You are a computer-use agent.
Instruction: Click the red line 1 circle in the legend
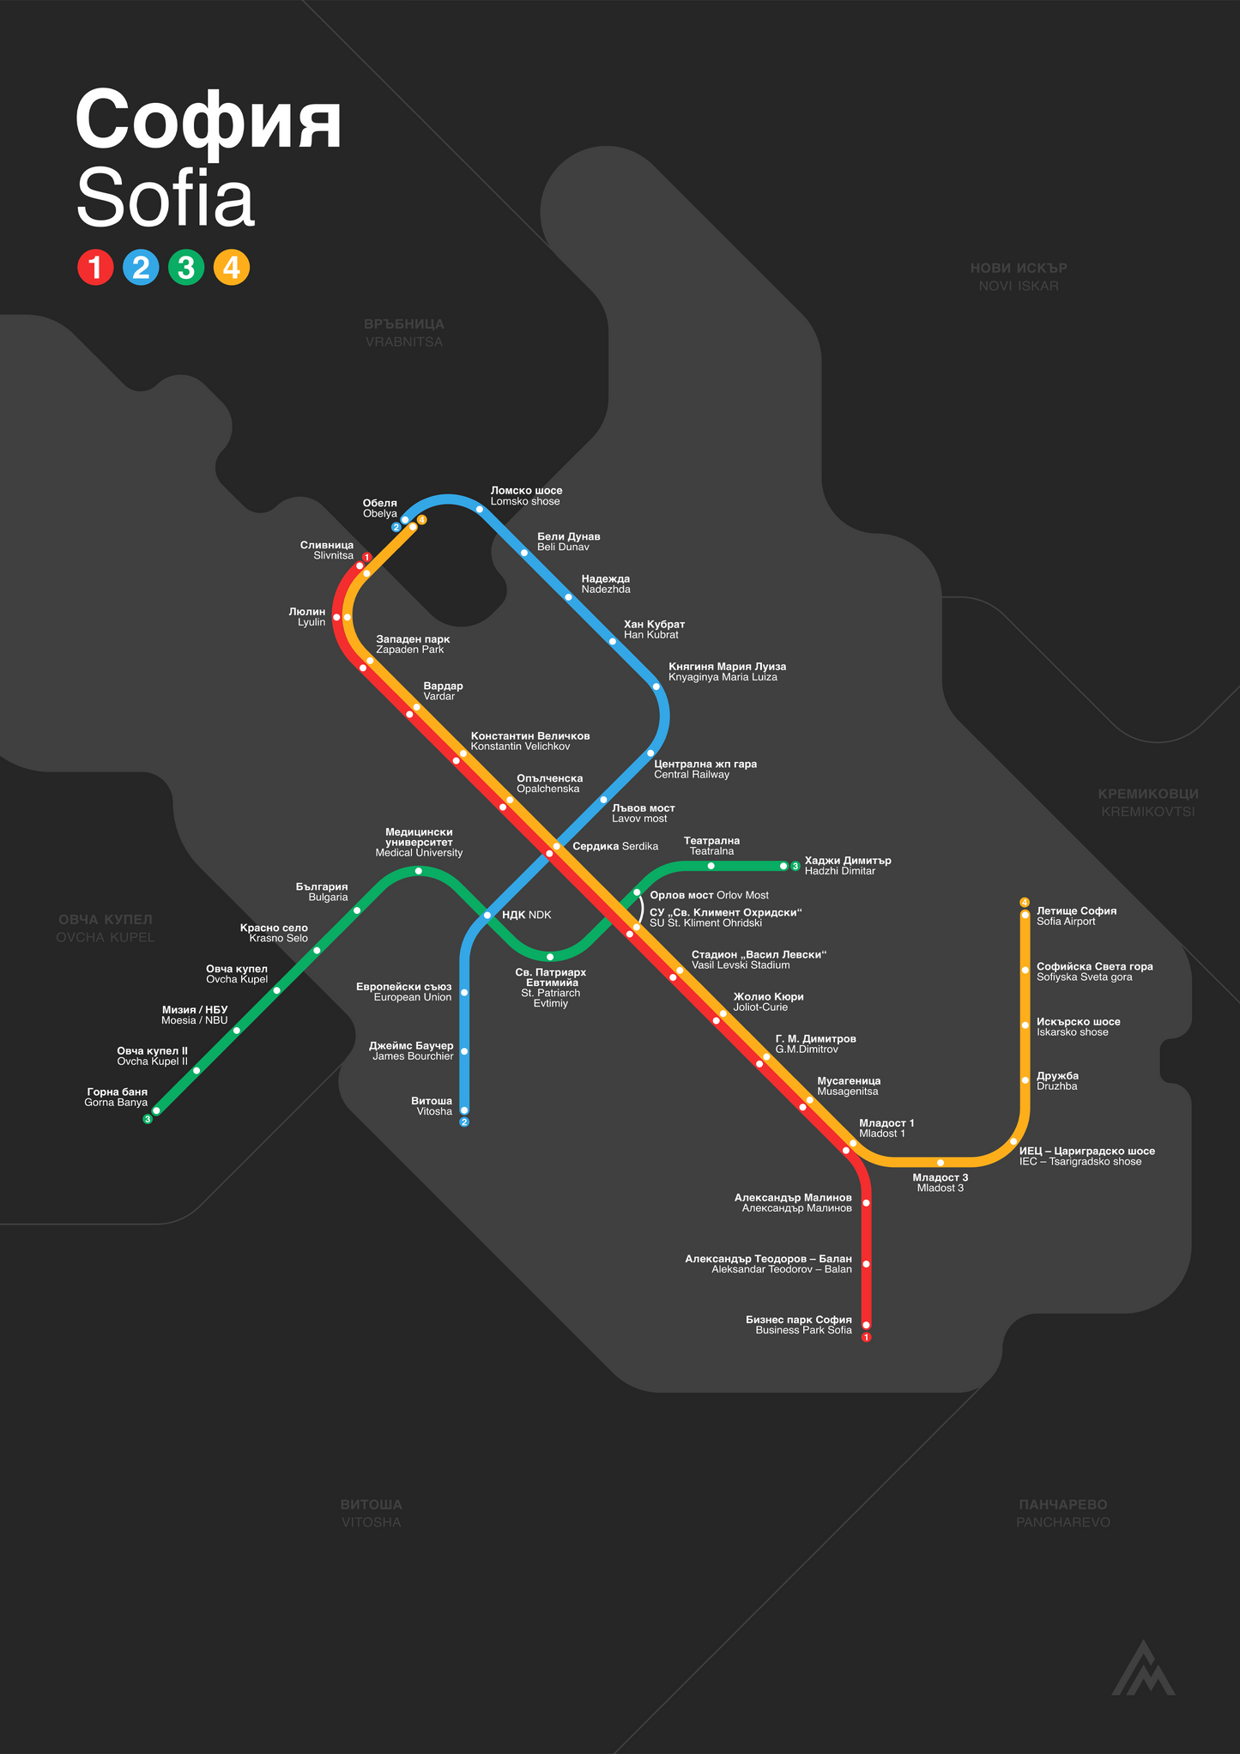(95, 268)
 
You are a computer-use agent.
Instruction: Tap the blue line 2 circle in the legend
(141, 268)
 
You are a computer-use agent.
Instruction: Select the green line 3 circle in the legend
(186, 268)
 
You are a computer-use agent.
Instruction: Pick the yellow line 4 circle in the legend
(231, 268)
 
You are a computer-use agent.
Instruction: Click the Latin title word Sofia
(166, 200)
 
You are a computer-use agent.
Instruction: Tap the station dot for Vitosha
(464, 1110)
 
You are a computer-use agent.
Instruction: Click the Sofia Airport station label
(1076, 916)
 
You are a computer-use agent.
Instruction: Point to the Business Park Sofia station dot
(866, 1325)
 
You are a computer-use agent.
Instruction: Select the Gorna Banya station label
(116, 1098)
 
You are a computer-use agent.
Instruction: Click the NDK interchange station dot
(487, 916)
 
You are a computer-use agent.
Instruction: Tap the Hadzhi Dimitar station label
(848, 866)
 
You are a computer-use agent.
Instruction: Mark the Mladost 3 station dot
(941, 1163)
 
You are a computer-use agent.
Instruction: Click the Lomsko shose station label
(526, 496)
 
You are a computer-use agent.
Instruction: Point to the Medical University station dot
(419, 871)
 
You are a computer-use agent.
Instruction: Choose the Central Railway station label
(705, 769)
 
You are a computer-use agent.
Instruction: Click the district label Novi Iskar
(1019, 277)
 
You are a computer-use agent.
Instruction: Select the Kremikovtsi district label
(1148, 803)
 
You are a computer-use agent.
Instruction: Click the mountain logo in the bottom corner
(1143, 1668)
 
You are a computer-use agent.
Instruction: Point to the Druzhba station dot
(1025, 1080)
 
